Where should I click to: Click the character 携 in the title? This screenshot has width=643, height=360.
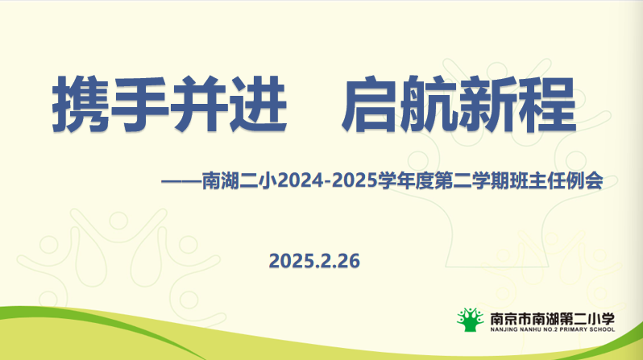point(81,104)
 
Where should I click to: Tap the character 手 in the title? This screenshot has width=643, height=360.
point(139,104)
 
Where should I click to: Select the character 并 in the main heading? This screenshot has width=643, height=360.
point(198,104)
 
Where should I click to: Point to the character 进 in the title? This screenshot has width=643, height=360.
point(258,104)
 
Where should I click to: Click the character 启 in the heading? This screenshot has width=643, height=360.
point(371,104)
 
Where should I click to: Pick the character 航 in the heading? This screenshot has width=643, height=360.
point(429,104)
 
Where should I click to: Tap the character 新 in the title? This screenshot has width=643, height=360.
point(488,104)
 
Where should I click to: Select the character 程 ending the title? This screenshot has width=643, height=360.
point(547,104)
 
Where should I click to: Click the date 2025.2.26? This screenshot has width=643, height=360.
point(314,261)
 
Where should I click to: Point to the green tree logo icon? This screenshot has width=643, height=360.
point(471,320)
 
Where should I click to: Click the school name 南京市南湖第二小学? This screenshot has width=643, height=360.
point(553,319)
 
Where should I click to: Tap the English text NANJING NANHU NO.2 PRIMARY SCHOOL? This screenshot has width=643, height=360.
point(553,329)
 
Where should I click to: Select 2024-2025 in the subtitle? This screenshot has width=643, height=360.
point(328,181)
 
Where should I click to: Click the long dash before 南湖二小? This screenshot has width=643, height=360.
point(181,181)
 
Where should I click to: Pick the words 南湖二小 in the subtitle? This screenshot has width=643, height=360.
point(240,181)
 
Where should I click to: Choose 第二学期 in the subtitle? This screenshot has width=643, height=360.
point(471,181)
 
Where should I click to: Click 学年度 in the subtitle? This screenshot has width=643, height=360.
point(406,181)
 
